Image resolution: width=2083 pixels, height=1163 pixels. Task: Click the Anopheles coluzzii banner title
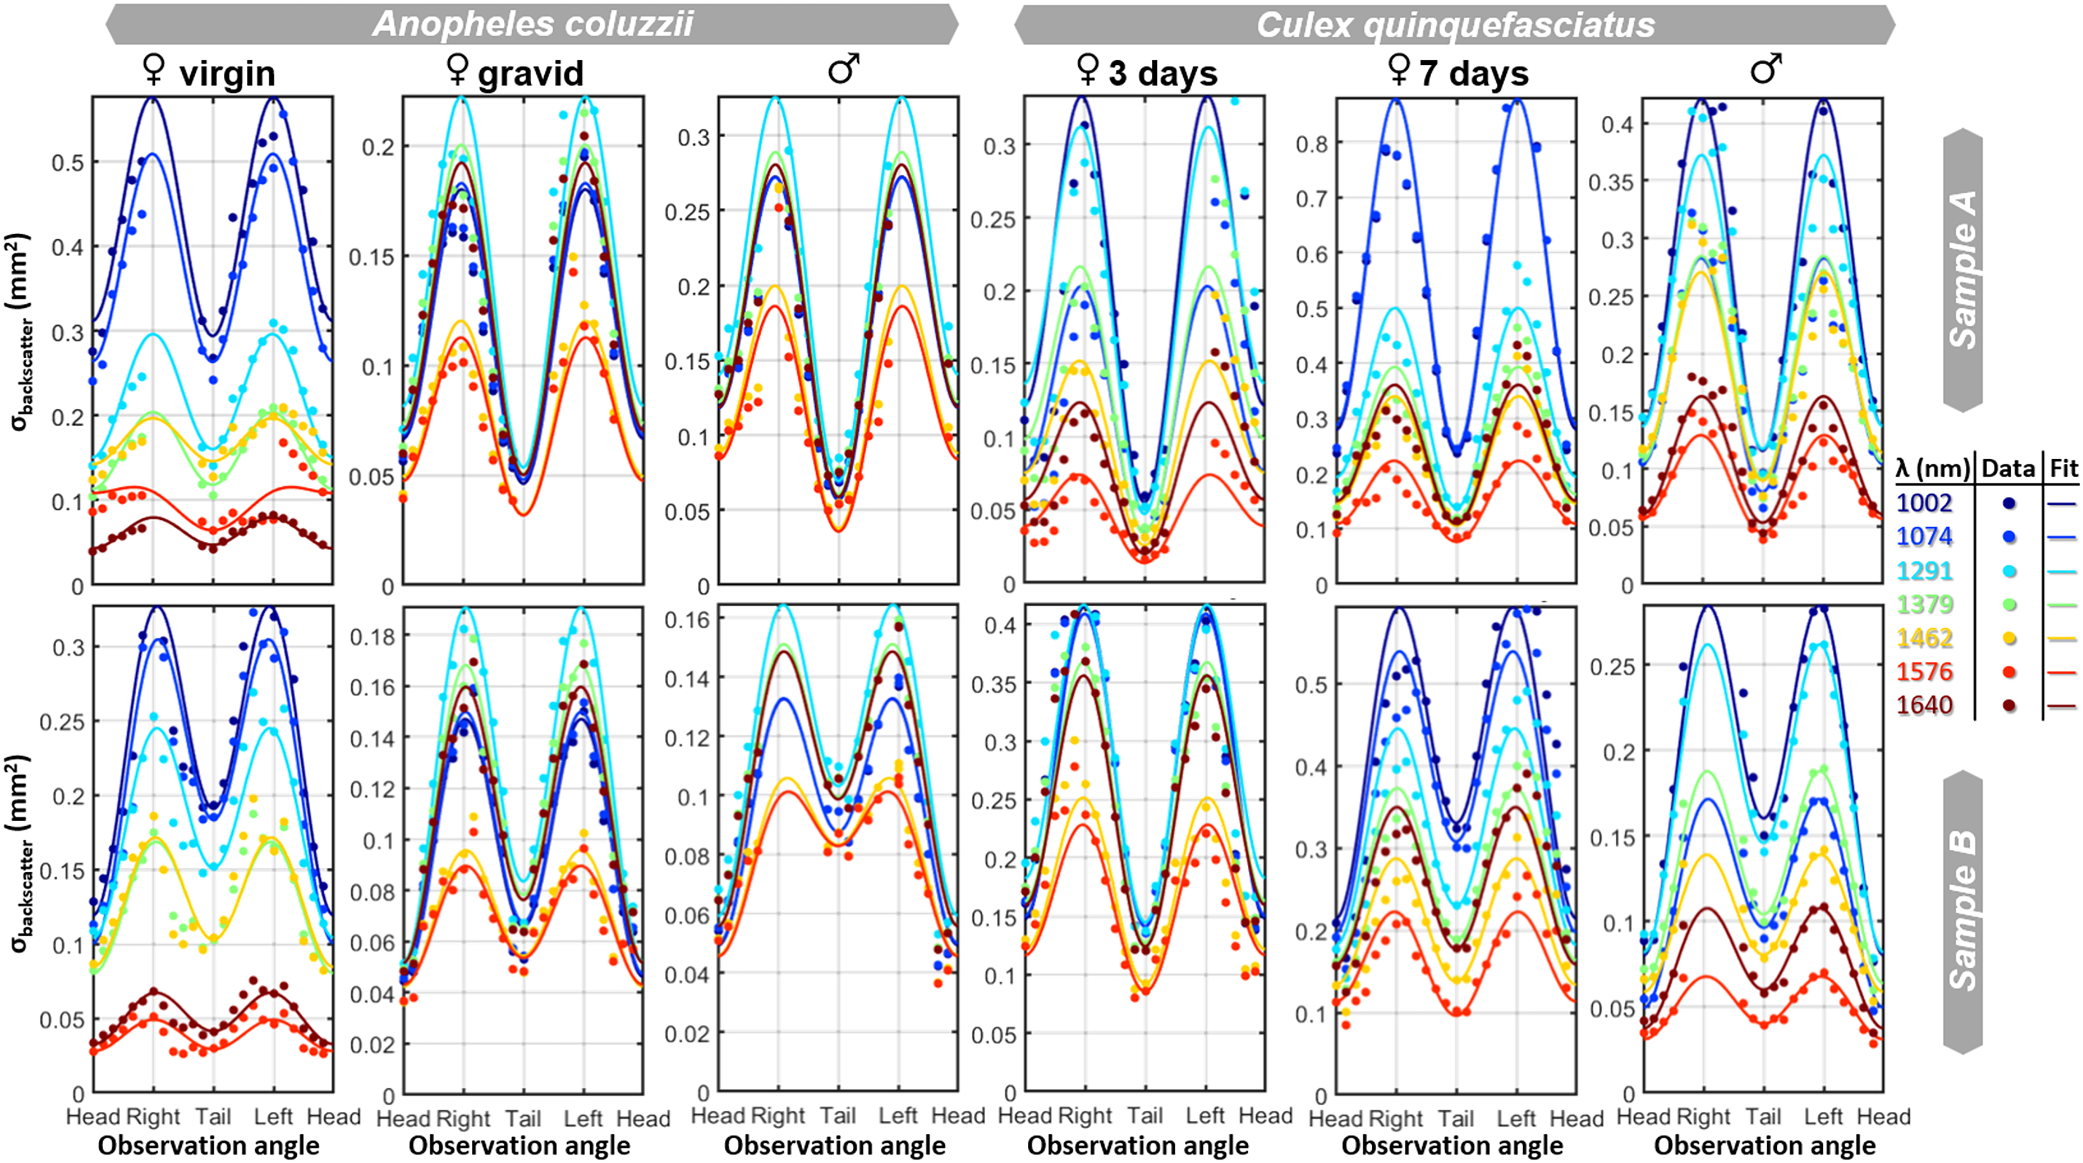tap(533, 24)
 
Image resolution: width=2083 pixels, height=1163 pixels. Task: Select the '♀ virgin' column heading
tap(209, 73)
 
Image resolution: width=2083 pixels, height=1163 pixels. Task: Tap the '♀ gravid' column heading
tap(515, 73)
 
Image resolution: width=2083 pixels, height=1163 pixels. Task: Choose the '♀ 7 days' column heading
tap(1458, 73)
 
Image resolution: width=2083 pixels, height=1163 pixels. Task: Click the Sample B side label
tap(1962, 911)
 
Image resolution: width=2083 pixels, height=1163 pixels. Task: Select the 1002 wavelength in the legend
tap(1924, 503)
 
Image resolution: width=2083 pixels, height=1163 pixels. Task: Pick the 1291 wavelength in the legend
tap(1924, 571)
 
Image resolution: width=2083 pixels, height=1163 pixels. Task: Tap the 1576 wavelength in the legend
tap(1924, 671)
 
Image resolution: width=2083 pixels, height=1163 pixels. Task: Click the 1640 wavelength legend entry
tap(1924, 705)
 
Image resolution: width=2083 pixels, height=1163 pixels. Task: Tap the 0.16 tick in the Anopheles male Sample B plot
tap(688, 620)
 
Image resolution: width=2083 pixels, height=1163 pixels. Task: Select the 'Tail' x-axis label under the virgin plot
tap(213, 1117)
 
